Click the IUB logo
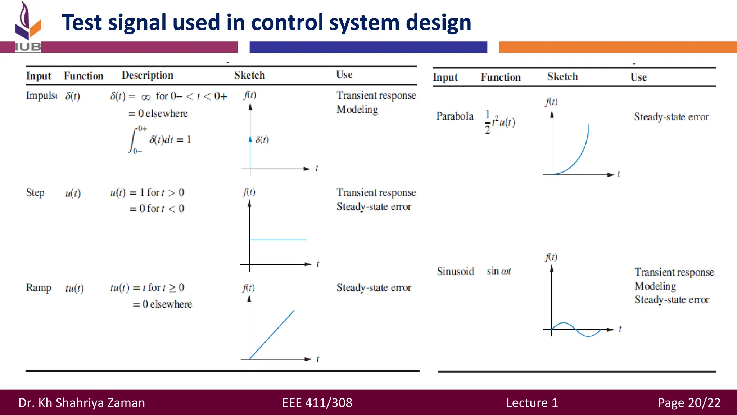28,27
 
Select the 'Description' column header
147,75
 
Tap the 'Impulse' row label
41,95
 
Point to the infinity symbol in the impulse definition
146,97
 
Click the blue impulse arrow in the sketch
250,151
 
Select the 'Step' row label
35,193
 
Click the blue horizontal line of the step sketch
278,240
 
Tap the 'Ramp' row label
39,288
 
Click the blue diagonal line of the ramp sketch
272,334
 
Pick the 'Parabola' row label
455,116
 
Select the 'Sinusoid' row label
455,271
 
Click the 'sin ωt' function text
499,271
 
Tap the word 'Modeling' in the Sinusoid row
655,286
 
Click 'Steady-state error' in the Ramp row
374,287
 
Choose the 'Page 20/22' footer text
689,402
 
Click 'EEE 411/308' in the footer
317,402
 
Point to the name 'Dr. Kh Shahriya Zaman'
82,402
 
